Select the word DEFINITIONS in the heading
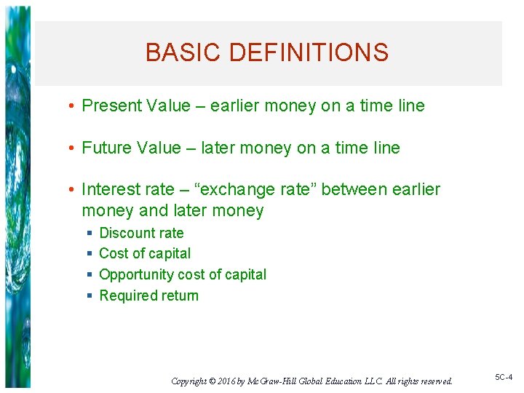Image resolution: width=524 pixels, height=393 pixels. tap(309, 52)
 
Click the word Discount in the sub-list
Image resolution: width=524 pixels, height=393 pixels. tap(126, 233)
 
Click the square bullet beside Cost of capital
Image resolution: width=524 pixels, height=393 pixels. tap(89, 254)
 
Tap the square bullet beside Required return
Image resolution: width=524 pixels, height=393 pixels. tap(89, 295)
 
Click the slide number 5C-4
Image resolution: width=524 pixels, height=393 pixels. tap(504, 377)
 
